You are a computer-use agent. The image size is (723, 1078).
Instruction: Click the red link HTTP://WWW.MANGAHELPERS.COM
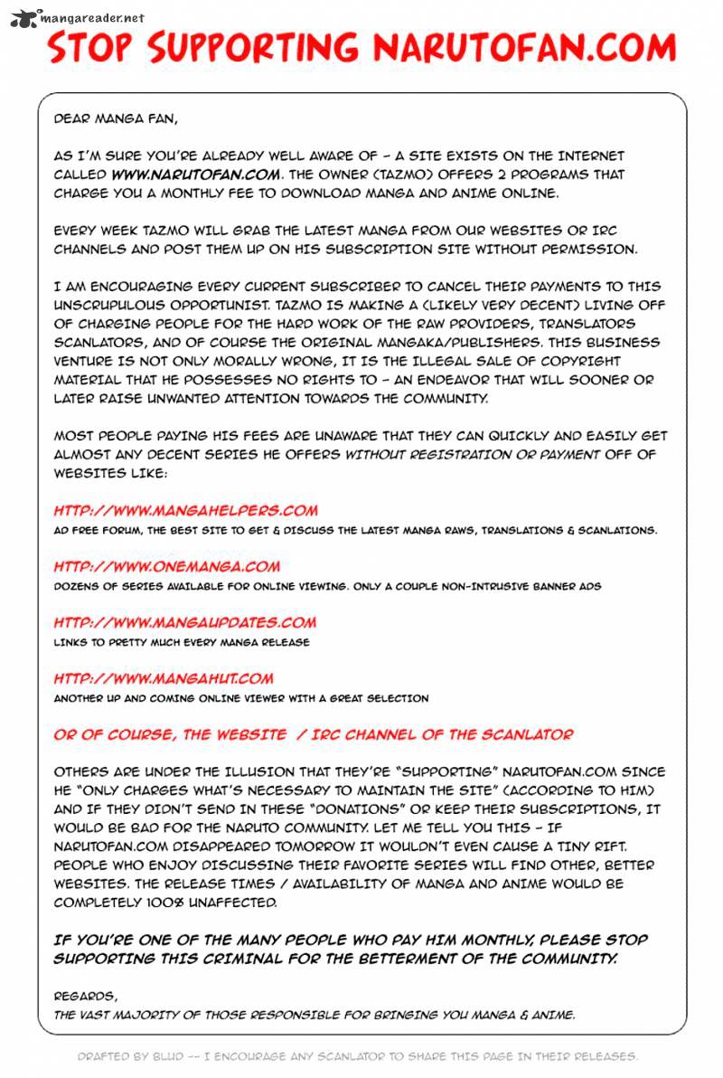[185, 511]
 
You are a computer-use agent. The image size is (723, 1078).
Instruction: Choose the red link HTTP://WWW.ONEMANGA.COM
[166, 567]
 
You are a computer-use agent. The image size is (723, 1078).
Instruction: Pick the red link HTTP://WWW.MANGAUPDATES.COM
[184, 622]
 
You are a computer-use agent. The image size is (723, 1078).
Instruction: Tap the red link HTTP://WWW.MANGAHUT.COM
[163, 678]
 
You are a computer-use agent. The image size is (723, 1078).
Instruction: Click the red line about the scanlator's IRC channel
[313, 734]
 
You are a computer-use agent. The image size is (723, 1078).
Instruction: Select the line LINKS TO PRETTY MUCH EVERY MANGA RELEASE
[181, 642]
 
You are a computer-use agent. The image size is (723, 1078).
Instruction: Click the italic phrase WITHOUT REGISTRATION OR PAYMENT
[472, 455]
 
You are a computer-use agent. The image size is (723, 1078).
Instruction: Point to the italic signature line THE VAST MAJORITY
[314, 1015]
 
